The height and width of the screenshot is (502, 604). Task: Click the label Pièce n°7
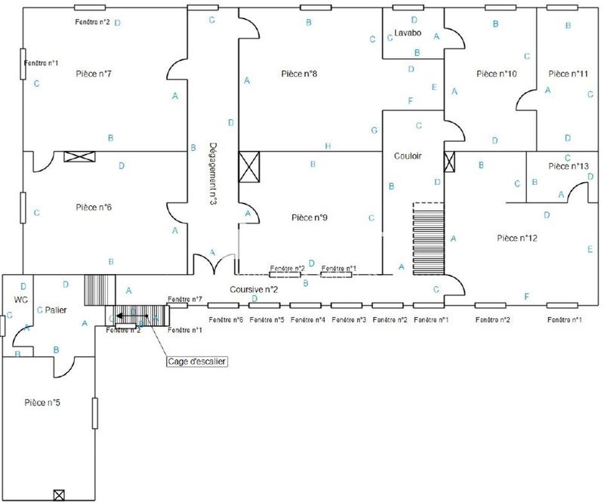(94, 74)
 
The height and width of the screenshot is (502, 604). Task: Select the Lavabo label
(407, 33)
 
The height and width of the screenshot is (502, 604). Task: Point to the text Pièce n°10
(497, 74)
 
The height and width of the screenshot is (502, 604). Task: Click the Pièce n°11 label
(568, 74)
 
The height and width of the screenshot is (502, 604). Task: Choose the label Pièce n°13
(568, 166)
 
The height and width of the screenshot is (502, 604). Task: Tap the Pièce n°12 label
(517, 239)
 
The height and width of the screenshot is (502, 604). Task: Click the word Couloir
(408, 156)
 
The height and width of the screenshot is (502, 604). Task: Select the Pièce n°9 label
(309, 217)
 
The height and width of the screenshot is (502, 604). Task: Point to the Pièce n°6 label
(94, 206)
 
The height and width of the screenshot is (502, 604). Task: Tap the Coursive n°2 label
(244, 289)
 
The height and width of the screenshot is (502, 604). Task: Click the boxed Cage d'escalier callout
(197, 362)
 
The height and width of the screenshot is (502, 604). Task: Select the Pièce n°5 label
(42, 402)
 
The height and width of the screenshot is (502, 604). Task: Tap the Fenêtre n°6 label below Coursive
(226, 320)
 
